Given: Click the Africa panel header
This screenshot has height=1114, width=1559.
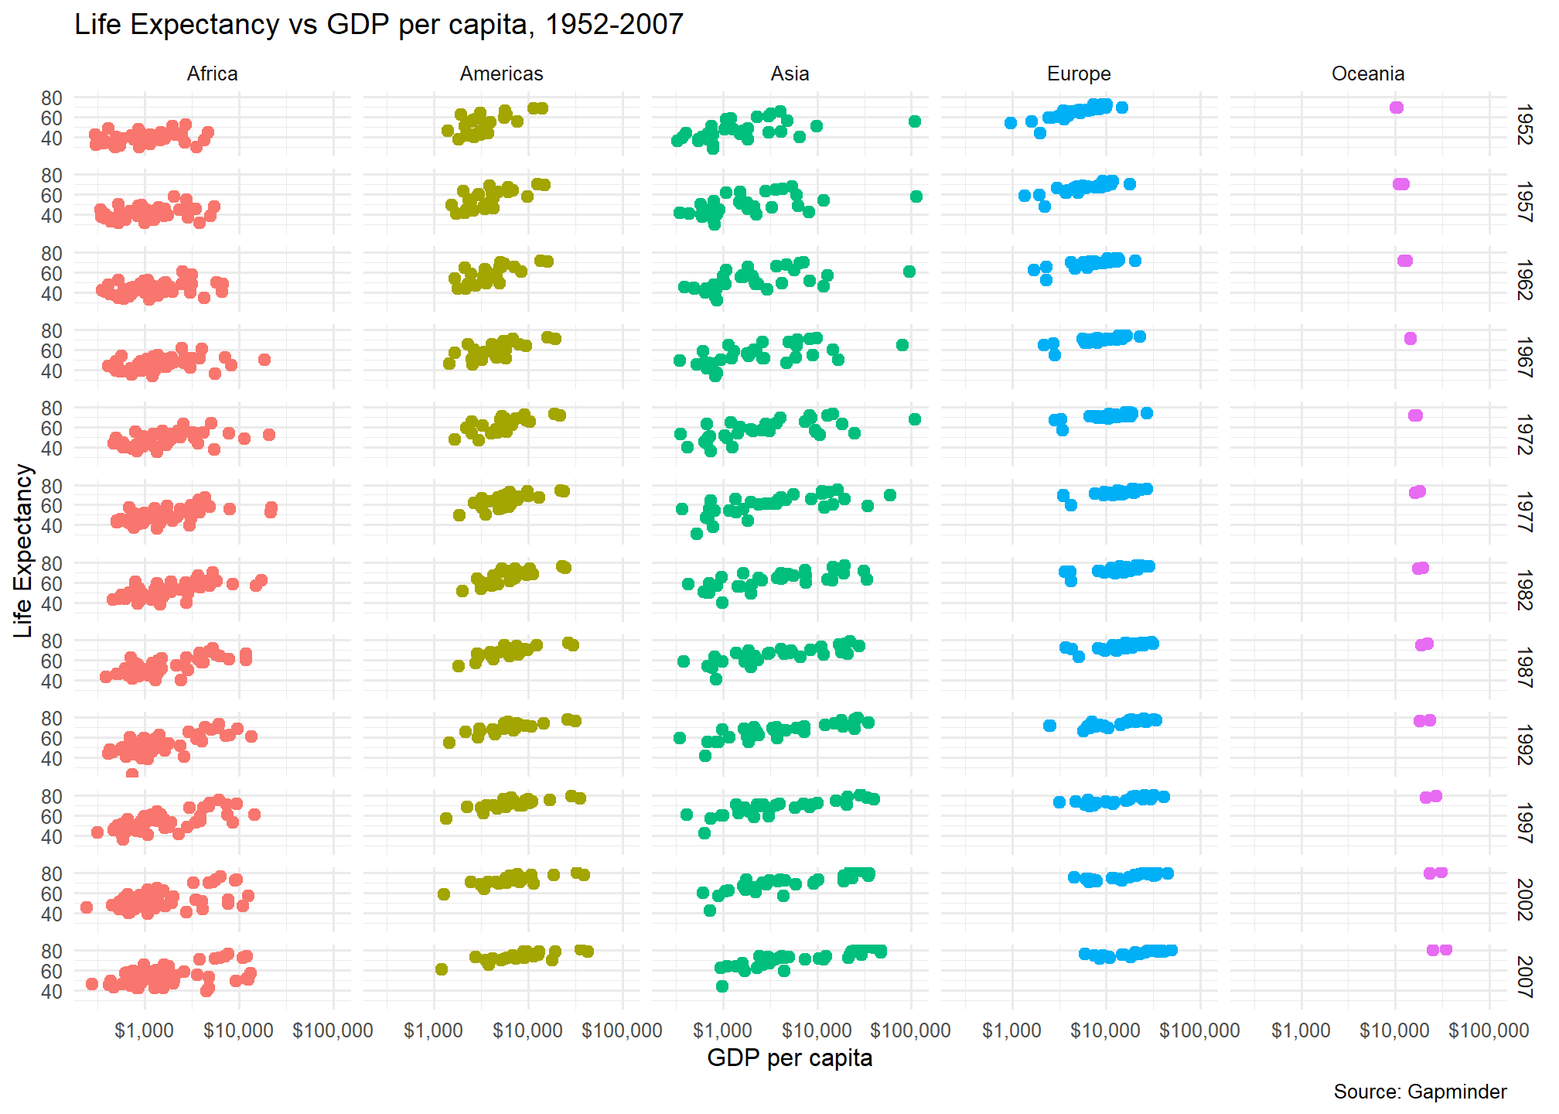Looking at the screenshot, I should pyautogui.click(x=212, y=73).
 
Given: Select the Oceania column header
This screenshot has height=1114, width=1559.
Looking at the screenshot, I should pyautogui.click(x=1367, y=73).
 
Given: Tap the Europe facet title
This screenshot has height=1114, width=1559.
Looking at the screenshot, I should pyautogui.click(x=1078, y=73).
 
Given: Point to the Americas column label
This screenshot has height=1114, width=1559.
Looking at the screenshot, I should pyautogui.click(x=501, y=73).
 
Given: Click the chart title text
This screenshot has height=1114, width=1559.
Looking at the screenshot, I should pyautogui.click(x=378, y=25).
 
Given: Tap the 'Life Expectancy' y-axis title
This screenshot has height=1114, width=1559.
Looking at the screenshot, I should pyautogui.click(x=23, y=551).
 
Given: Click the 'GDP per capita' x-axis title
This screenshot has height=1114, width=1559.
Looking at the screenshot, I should pyautogui.click(x=789, y=1058).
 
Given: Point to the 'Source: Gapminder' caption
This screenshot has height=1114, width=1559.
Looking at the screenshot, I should pyautogui.click(x=1420, y=1092).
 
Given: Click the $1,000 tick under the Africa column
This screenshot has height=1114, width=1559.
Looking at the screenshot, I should pyautogui.click(x=144, y=1030).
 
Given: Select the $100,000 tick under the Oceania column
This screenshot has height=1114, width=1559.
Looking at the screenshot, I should pyautogui.click(x=1489, y=1030).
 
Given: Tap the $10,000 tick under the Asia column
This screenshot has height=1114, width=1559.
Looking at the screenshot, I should pyautogui.click(x=817, y=1030).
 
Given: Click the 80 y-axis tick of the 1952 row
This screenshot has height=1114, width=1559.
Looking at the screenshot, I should pyautogui.click(x=52, y=98).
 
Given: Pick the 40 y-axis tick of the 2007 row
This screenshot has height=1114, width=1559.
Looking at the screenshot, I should pyautogui.click(x=52, y=991).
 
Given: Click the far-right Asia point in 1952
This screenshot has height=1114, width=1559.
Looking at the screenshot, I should pyautogui.click(x=915, y=121).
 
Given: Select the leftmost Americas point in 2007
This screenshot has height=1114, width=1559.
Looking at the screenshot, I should pyautogui.click(x=442, y=969).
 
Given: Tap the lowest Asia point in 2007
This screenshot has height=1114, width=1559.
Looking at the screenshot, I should pyautogui.click(x=722, y=986).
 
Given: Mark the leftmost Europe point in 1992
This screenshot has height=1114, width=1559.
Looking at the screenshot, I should pyautogui.click(x=1049, y=726).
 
